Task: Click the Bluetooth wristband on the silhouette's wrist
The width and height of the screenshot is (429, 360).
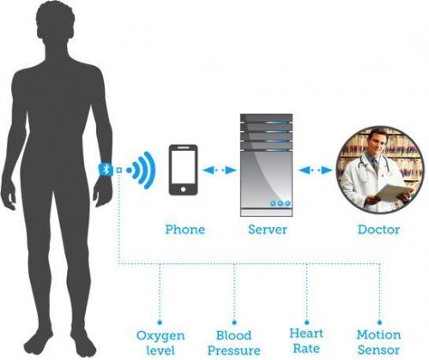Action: [x=106, y=170]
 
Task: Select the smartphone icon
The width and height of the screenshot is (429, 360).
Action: [x=183, y=170]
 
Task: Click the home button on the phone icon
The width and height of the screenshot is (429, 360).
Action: [x=183, y=189]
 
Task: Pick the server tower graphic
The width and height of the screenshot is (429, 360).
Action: [x=266, y=165]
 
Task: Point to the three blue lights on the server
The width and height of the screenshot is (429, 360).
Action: [x=281, y=203]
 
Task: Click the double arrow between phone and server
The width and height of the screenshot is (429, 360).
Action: [x=220, y=171]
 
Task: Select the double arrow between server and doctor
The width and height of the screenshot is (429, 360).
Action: [x=315, y=171]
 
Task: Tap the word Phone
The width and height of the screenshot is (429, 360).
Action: [x=185, y=230]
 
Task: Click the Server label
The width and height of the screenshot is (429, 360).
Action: [x=268, y=230]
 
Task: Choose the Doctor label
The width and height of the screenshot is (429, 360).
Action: [x=378, y=230]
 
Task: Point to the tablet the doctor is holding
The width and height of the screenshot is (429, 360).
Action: [x=391, y=193]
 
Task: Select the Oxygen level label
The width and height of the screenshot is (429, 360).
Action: [x=160, y=343]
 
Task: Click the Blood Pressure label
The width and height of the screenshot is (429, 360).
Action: [x=234, y=343]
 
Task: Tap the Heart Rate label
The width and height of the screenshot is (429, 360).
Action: [x=306, y=341]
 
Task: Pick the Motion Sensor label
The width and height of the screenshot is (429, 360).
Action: [x=378, y=342]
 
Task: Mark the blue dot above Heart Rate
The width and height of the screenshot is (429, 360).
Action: [x=307, y=322]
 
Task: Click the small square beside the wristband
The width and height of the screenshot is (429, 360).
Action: [x=119, y=171]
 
